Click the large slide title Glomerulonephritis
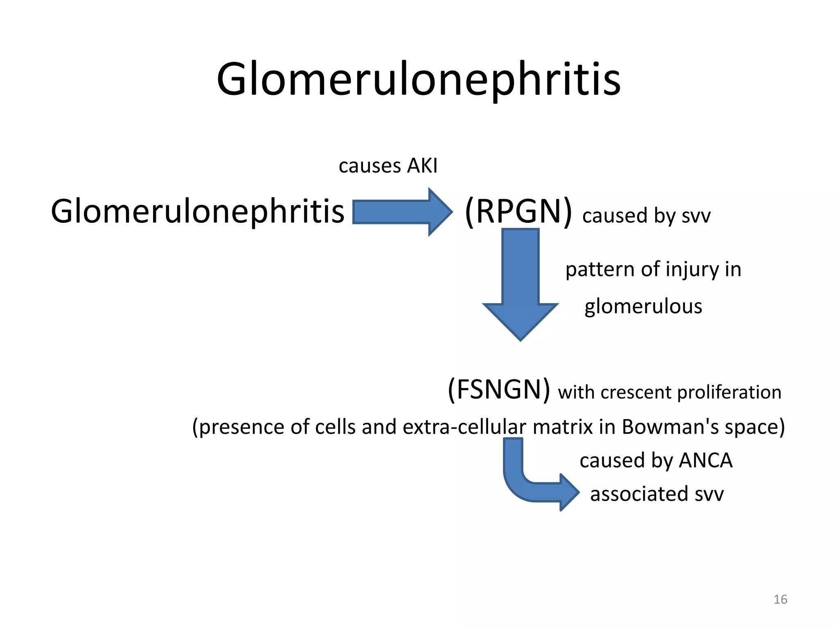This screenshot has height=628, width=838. [x=419, y=80]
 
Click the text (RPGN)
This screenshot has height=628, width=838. [x=518, y=212]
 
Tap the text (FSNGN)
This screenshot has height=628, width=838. [x=499, y=390]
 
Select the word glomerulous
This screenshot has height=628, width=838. [x=643, y=307]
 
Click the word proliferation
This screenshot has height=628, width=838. [x=729, y=392]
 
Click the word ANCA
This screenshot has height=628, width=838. [x=705, y=461]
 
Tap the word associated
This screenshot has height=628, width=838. [x=639, y=494]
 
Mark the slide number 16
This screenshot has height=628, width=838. [x=780, y=599]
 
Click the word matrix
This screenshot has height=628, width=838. [x=562, y=427]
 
